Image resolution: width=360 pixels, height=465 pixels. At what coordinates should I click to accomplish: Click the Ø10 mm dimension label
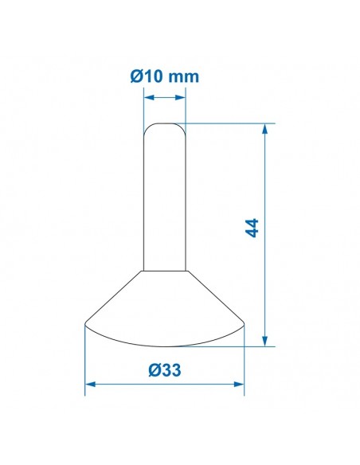[x=163, y=77]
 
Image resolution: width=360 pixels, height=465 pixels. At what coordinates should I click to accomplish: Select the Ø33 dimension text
[x=164, y=369]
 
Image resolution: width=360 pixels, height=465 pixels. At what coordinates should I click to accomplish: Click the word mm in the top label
[x=183, y=77]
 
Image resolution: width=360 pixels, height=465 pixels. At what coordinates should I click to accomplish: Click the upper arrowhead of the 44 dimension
[x=265, y=127]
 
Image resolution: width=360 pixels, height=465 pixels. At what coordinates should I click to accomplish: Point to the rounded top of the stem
[x=164, y=125]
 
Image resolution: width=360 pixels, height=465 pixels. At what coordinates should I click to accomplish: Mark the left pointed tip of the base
[x=86, y=322]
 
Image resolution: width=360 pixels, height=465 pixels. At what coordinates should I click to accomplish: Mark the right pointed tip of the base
[x=243, y=322]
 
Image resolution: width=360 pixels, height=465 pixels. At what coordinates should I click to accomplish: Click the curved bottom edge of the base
[x=164, y=346]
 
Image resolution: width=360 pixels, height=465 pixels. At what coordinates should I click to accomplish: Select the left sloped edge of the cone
[x=114, y=296]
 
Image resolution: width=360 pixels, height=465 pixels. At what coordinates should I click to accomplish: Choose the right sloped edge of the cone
[x=215, y=296]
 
